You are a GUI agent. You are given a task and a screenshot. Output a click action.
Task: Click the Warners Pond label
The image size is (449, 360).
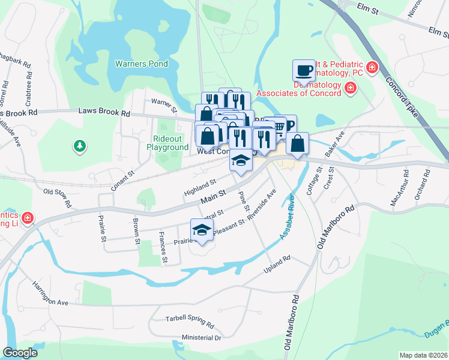pyautogui.click(x=142, y=63)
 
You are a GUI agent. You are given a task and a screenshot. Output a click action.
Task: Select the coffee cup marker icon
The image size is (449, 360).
pyautogui.click(x=304, y=71)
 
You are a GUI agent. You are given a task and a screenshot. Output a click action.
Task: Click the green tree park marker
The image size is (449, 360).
pyautogui.click(x=79, y=146)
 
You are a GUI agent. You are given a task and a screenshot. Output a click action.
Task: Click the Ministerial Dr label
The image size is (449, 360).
pyautogui.click(x=202, y=338)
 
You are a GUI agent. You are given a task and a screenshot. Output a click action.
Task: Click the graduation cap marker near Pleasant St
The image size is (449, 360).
pyautogui.click(x=202, y=230)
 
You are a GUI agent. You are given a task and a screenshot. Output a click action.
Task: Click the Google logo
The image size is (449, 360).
pyautogui.click(x=20, y=353)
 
